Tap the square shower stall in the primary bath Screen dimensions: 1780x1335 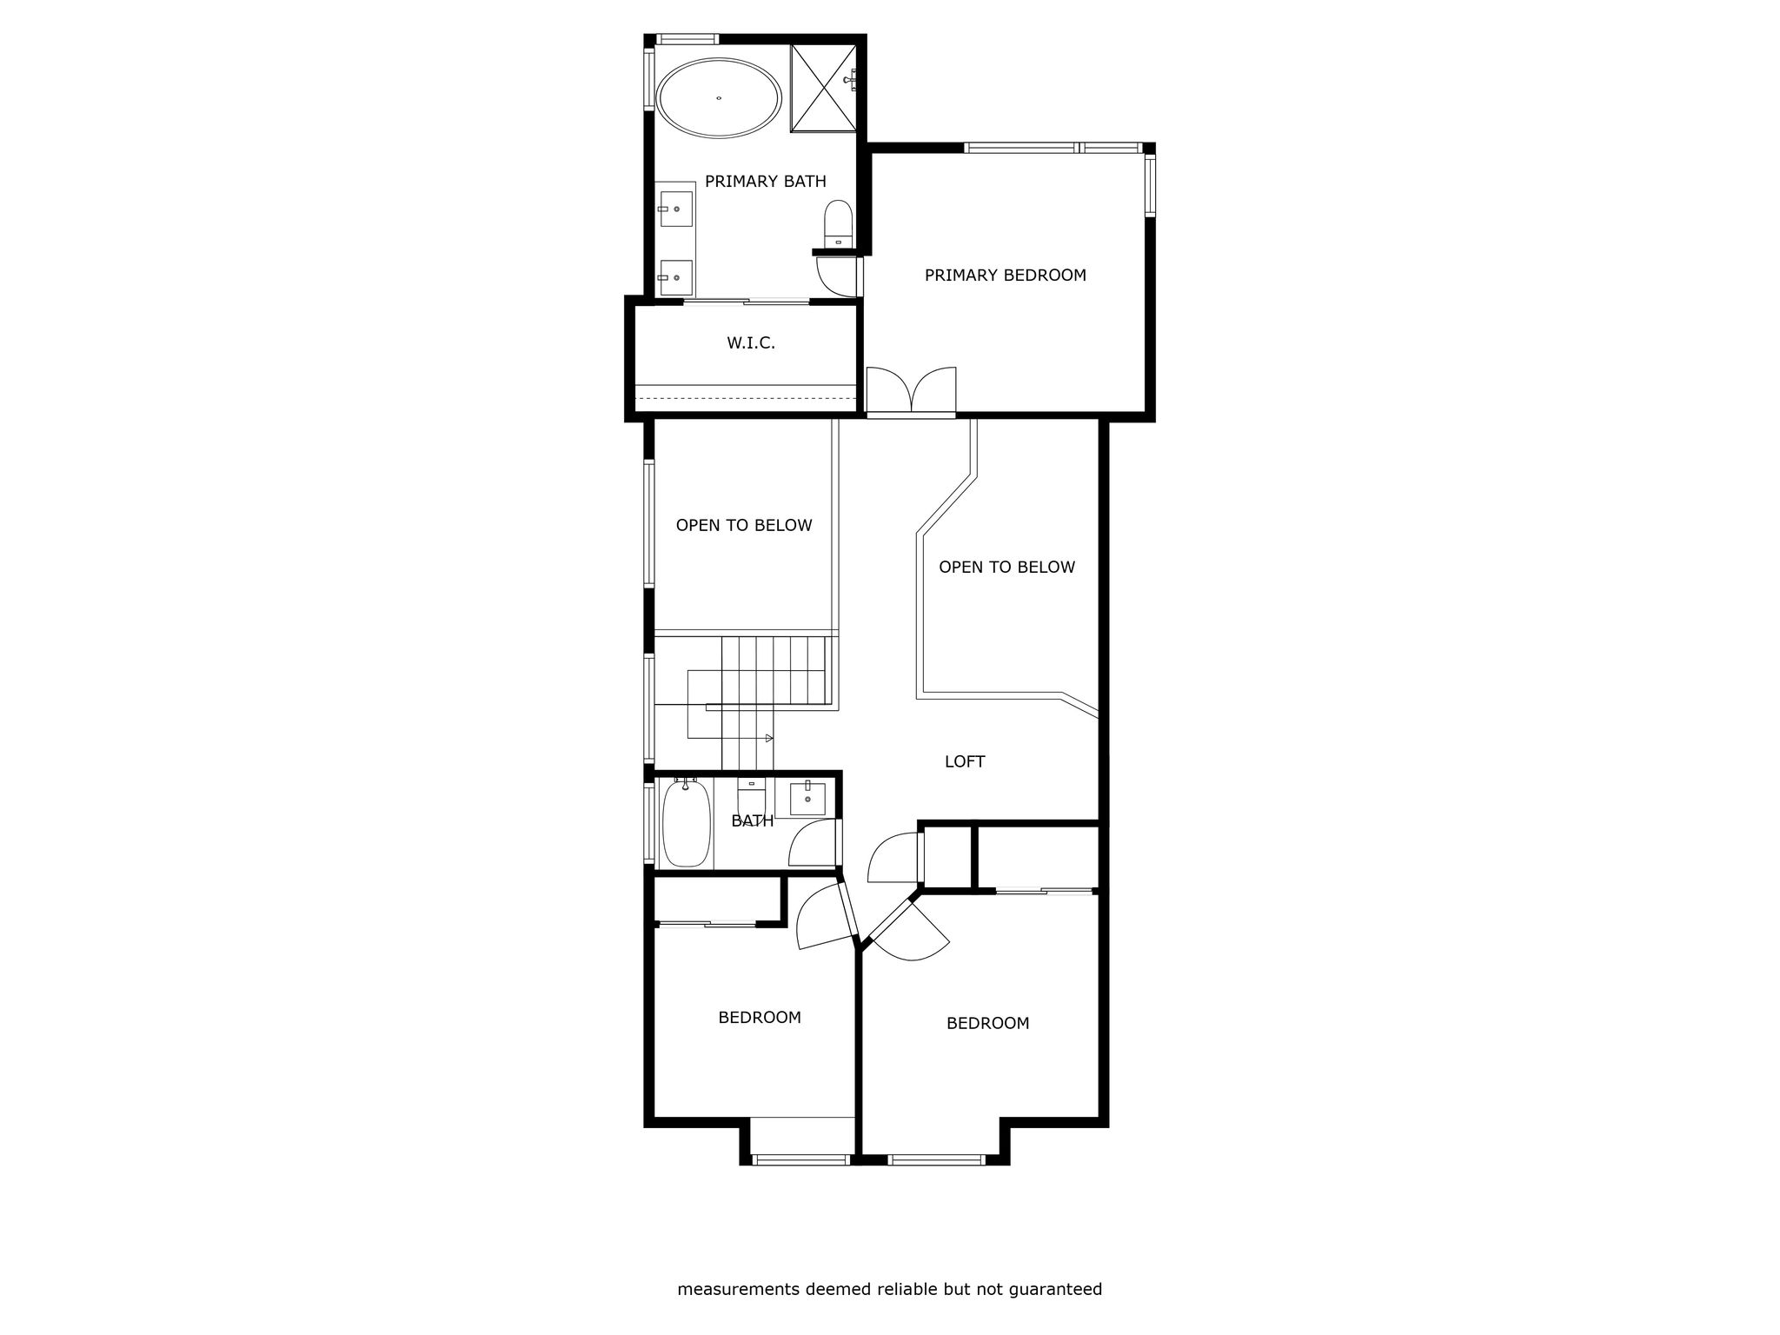coord(823,89)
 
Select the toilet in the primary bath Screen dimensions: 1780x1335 coord(839,222)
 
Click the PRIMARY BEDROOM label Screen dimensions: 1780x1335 coord(1005,276)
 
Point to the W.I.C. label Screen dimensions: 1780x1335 coord(751,343)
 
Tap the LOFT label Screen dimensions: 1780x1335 coord(965,762)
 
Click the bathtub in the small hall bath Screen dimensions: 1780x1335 coord(687,822)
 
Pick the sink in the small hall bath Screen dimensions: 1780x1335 coord(807,798)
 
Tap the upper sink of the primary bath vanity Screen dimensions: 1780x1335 coord(675,209)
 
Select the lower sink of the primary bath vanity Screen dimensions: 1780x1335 coord(675,277)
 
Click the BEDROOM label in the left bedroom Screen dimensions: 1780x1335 coord(760,1018)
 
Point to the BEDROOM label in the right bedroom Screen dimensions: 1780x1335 coord(987,1024)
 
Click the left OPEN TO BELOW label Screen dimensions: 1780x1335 coord(744,526)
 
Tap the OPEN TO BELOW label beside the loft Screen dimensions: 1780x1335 coord(1006,568)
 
